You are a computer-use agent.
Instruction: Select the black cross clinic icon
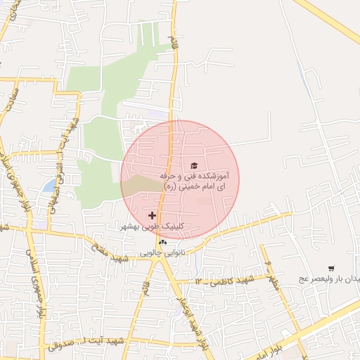(x=153, y=214)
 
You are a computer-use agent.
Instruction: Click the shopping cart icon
(x=331, y=269)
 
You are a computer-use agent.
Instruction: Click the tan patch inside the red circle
(x=141, y=186)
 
